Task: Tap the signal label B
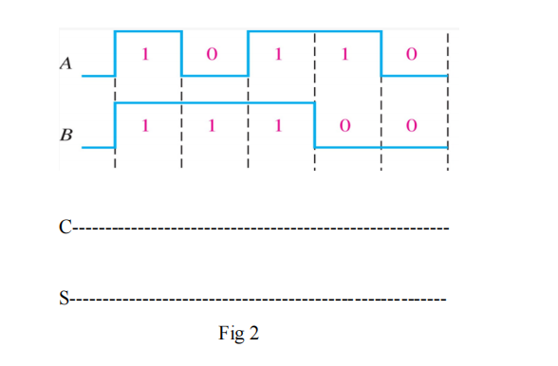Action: pyautogui.click(x=65, y=135)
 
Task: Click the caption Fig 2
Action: pyautogui.click(x=239, y=333)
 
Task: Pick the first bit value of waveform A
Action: pyautogui.click(x=145, y=54)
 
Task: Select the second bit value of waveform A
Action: pyautogui.click(x=212, y=54)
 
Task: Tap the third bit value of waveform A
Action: pyautogui.click(x=278, y=54)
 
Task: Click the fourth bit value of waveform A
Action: pyautogui.click(x=344, y=54)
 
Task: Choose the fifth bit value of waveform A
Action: pyautogui.click(x=411, y=54)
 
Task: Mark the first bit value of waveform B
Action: pyautogui.click(x=145, y=125)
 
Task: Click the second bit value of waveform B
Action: pyautogui.click(x=212, y=125)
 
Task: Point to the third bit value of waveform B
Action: pyautogui.click(x=278, y=125)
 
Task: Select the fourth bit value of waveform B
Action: pyautogui.click(x=344, y=125)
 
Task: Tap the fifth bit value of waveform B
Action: pyautogui.click(x=411, y=125)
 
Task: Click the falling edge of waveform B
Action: pyautogui.click(x=314, y=124)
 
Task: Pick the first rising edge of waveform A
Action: pyautogui.click(x=115, y=53)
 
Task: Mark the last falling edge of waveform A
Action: pyautogui.click(x=381, y=53)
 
